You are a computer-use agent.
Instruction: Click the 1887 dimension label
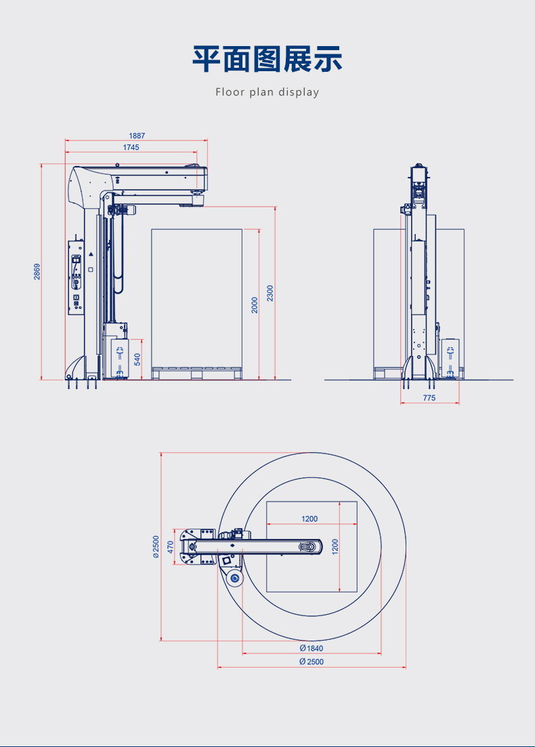137,136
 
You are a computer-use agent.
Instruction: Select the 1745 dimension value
131,147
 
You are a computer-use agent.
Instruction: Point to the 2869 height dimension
37,272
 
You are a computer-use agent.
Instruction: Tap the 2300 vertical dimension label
270,293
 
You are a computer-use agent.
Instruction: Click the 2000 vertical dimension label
255,305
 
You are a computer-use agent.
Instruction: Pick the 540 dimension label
137,359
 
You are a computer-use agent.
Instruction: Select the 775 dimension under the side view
429,398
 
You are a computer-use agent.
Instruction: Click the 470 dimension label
171,547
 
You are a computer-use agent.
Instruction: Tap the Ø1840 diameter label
312,648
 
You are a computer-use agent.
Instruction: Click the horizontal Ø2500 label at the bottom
312,662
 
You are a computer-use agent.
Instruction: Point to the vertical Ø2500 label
156,546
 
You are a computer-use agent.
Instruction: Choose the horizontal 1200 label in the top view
309,519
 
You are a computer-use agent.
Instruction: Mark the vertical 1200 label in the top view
335,546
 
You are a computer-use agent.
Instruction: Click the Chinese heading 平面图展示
267,59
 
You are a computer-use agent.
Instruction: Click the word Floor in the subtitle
230,92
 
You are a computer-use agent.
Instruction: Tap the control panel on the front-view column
76,277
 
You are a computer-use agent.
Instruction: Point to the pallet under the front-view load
196,373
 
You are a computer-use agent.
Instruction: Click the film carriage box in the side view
450,359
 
